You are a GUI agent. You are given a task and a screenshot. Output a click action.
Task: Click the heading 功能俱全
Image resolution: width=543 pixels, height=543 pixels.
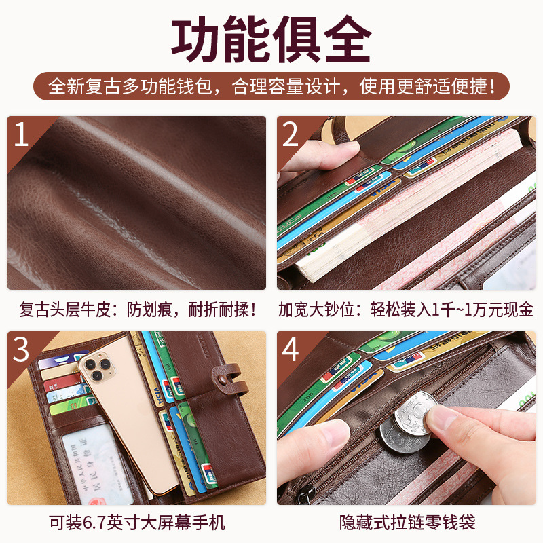(x=271, y=39)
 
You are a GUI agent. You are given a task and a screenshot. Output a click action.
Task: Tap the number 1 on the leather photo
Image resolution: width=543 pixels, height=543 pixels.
(x=21, y=134)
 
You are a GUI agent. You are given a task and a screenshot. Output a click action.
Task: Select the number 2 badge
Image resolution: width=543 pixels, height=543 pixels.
(x=291, y=134)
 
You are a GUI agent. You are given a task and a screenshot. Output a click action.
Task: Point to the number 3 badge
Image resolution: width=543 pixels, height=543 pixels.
(x=21, y=350)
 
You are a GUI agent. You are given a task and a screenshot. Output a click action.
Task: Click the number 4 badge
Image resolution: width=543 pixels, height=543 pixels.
(x=291, y=350)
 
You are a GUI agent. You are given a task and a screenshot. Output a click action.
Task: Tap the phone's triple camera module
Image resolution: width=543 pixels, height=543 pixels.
(x=97, y=368)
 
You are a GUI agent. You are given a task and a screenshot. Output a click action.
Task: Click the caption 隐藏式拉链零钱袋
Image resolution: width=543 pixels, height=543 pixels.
(x=407, y=523)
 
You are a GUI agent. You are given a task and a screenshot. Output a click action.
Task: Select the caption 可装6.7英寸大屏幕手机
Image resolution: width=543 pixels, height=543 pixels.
(x=137, y=523)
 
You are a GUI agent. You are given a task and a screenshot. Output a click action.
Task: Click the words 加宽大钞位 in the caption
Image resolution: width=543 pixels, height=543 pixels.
(x=316, y=310)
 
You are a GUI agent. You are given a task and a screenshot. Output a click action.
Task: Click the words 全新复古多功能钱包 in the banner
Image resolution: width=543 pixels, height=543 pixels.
(x=130, y=86)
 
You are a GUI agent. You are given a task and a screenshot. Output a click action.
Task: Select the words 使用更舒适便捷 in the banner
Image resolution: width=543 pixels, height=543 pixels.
(x=423, y=86)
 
